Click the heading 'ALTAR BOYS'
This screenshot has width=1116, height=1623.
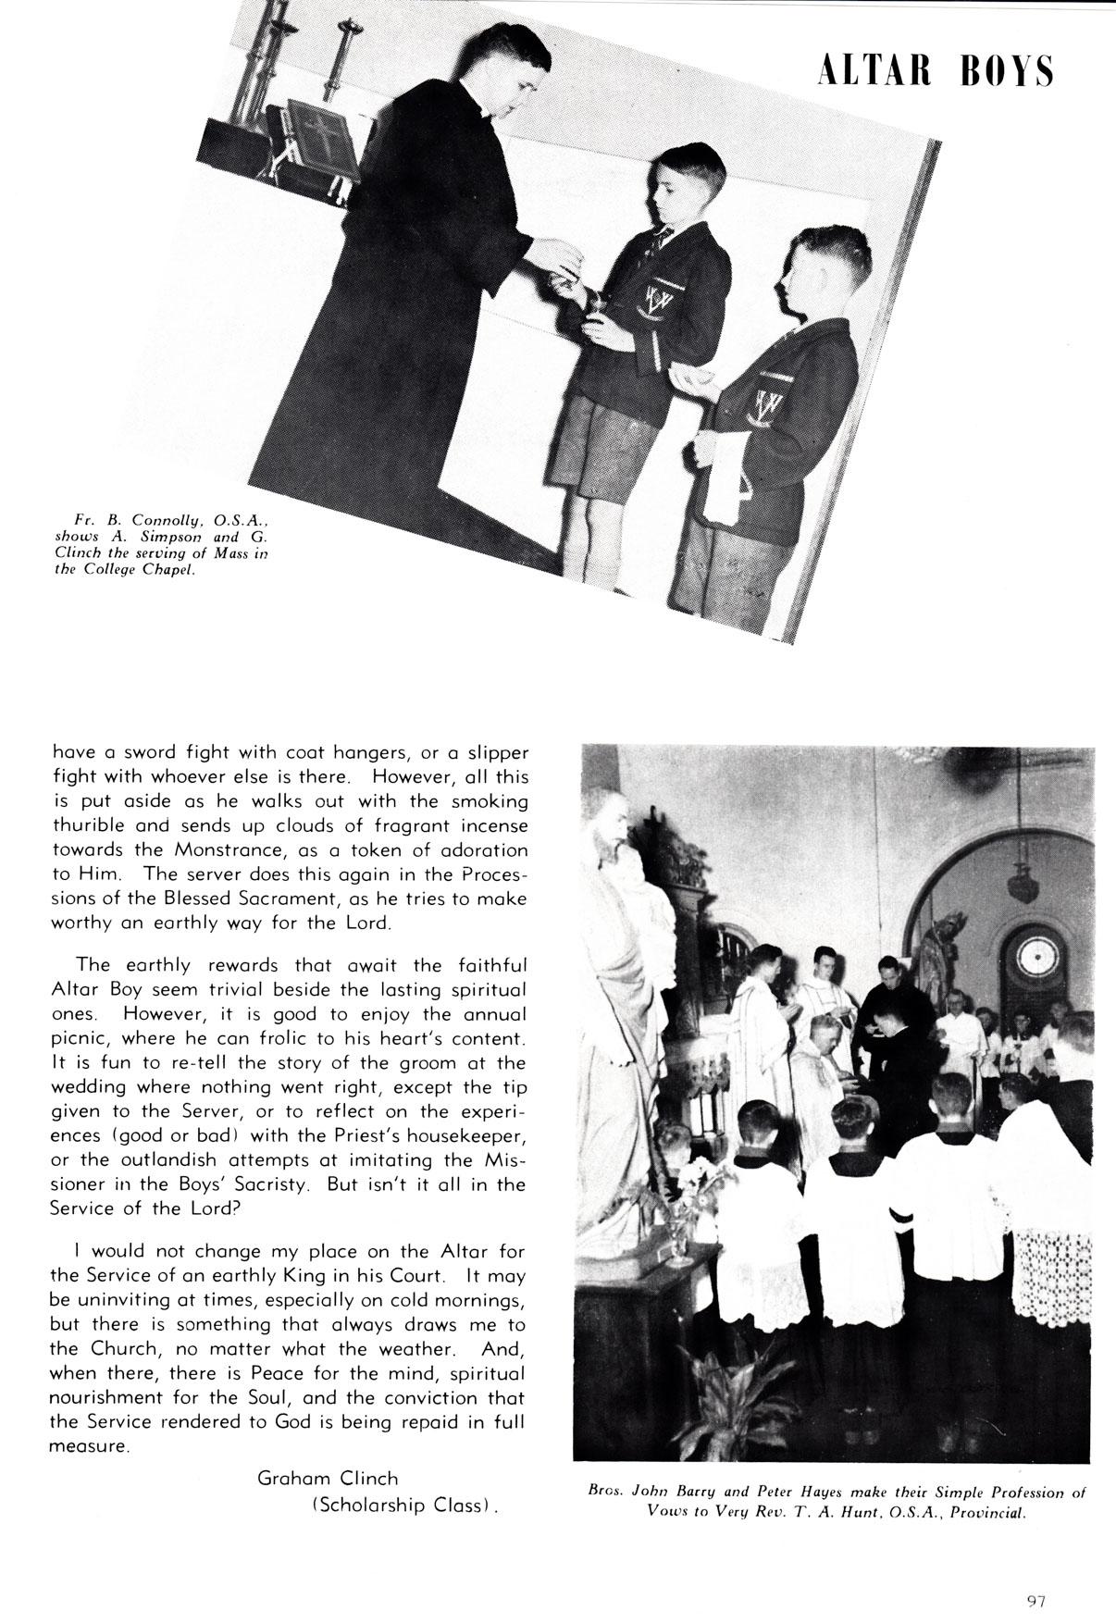click(x=936, y=71)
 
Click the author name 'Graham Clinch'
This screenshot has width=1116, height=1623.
click(x=327, y=1479)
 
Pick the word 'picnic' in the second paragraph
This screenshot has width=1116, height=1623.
click(x=78, y=1039)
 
